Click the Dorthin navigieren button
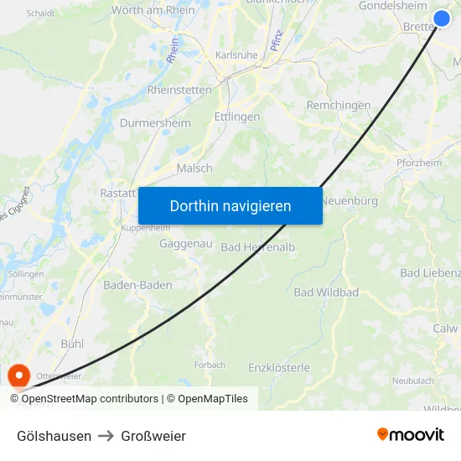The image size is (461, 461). [230, 205]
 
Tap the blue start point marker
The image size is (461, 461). [442, 18]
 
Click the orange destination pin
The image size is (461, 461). [18, 375]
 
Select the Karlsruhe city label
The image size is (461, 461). [236, 55]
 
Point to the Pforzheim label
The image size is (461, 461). [419, 163]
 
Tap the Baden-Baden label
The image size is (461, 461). [137, 285]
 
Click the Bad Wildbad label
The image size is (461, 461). [326, 293]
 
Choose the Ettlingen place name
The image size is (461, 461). [237, 117]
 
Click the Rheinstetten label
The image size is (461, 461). [180, 90]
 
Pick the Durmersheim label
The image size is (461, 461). [155, 122]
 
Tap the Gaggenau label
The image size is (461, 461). [185, 243]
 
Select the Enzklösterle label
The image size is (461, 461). [279, 367]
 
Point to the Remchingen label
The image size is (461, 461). [339, 106]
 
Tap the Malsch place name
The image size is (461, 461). [194, 168]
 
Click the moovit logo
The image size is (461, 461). [410, 434]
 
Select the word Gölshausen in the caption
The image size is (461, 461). [54, 436]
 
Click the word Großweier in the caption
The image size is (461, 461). [153, 436]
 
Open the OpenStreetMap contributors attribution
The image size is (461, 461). [90, 399]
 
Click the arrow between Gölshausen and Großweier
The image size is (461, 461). [106, 436]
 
